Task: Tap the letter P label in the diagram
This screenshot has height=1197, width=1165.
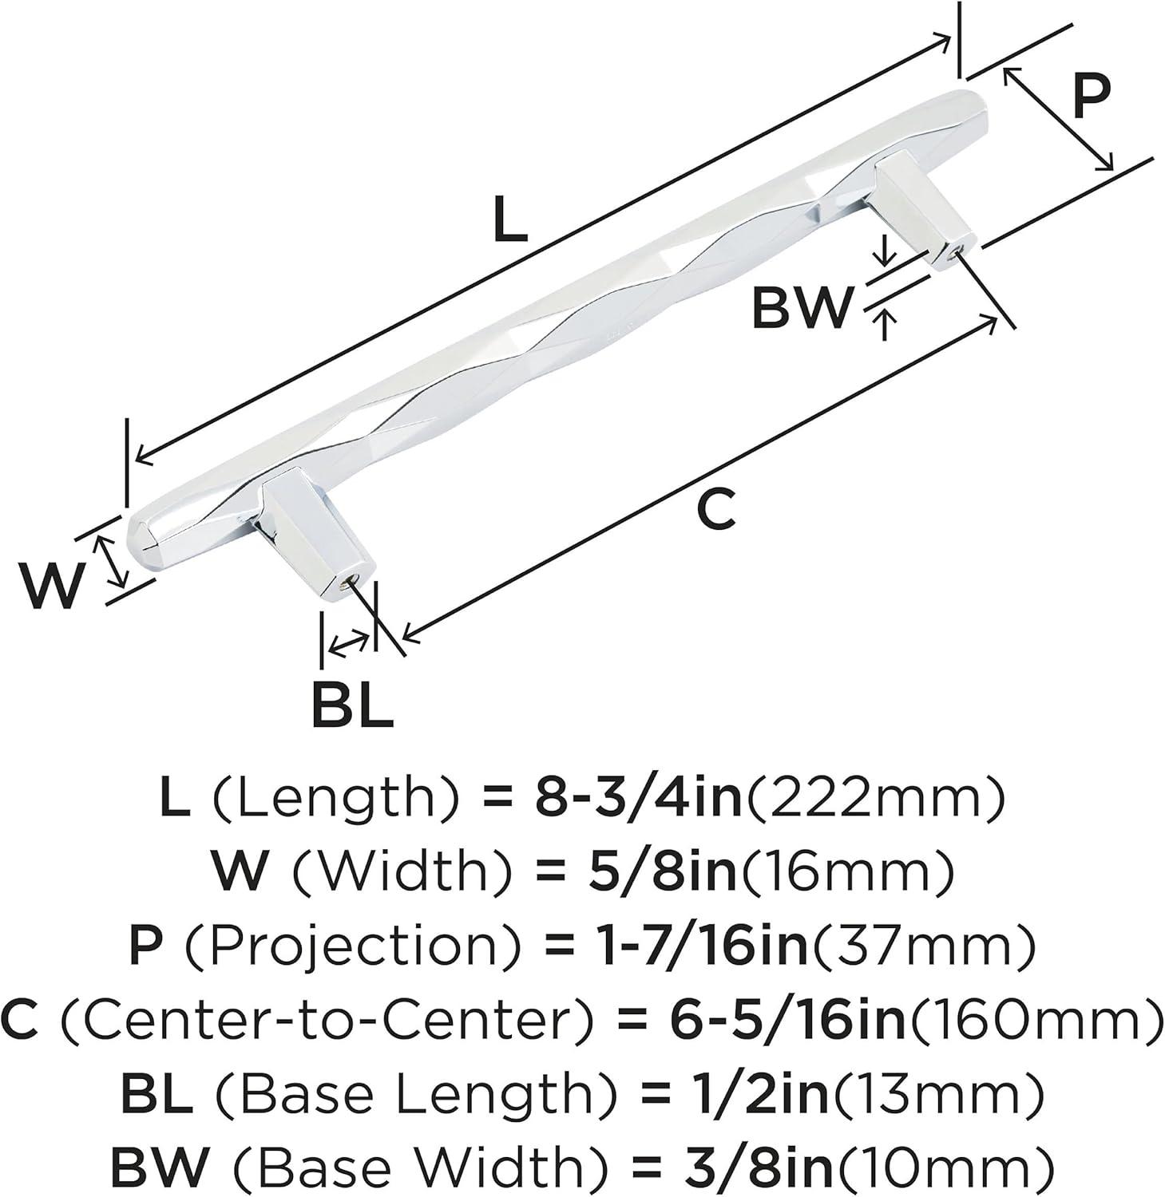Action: pos(1091,96)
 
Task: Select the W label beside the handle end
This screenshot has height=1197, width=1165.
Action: pos(52,584)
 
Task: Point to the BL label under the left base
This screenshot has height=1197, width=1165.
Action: pos(352,702)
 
